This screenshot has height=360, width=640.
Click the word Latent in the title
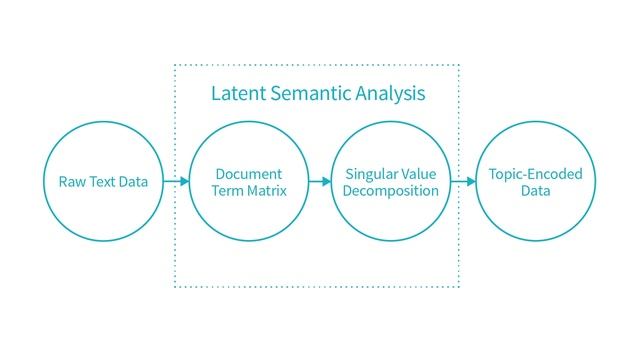pyautogui.click(x=236, y=94)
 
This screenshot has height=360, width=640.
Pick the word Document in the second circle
pyautogui.click(x=249, y=174)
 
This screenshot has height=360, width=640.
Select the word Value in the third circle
pyautogui.click(x=413, y=174)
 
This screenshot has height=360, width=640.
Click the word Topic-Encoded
pyautogui.click(x=535, y=174)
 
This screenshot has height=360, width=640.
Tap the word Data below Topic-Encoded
pyautogui.click(x=535, y=191)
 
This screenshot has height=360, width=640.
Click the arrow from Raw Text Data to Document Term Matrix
pyautogui.click(x=176, y=182)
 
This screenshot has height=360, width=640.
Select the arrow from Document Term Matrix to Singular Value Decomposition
pyautogui.click(x=319, y=182)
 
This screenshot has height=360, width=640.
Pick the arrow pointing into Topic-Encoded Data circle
pyautogui.click(x=463, y=182)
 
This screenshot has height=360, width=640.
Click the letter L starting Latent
pyautogui.click(x=215, y=94)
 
